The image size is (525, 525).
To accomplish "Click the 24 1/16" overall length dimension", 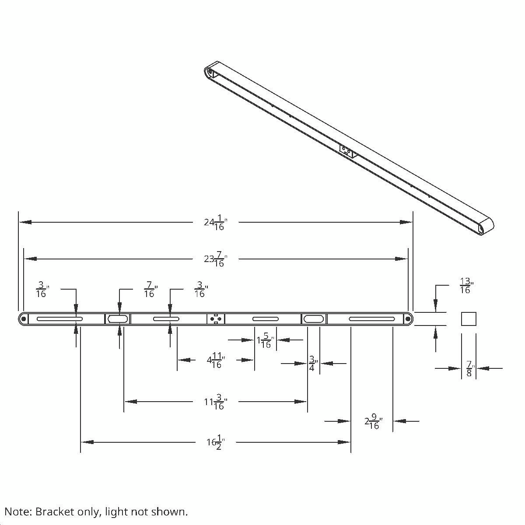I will pos(215,223).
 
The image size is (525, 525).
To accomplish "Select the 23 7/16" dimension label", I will pos(215,259).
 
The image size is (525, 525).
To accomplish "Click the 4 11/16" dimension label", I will pos(216,360).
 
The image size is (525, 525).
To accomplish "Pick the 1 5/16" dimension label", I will pos(265,340).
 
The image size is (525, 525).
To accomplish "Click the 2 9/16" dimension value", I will pos(373,422).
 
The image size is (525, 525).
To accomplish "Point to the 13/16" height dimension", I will pos(465,286).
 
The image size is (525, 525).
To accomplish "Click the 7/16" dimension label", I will pos(150,290).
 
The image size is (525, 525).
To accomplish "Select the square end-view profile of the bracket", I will pos(469,319).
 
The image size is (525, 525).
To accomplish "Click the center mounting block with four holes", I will pos(216,319).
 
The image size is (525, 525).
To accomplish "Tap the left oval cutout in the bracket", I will pos(118,319).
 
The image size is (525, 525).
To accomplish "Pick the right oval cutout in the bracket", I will pos(314,319).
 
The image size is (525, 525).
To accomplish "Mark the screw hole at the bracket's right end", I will pos(408,319).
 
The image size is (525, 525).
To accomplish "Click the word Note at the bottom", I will pos(17,511).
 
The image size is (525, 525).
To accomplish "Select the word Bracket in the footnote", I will pos(52,511).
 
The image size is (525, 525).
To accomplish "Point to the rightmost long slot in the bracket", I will pos(371,319).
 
